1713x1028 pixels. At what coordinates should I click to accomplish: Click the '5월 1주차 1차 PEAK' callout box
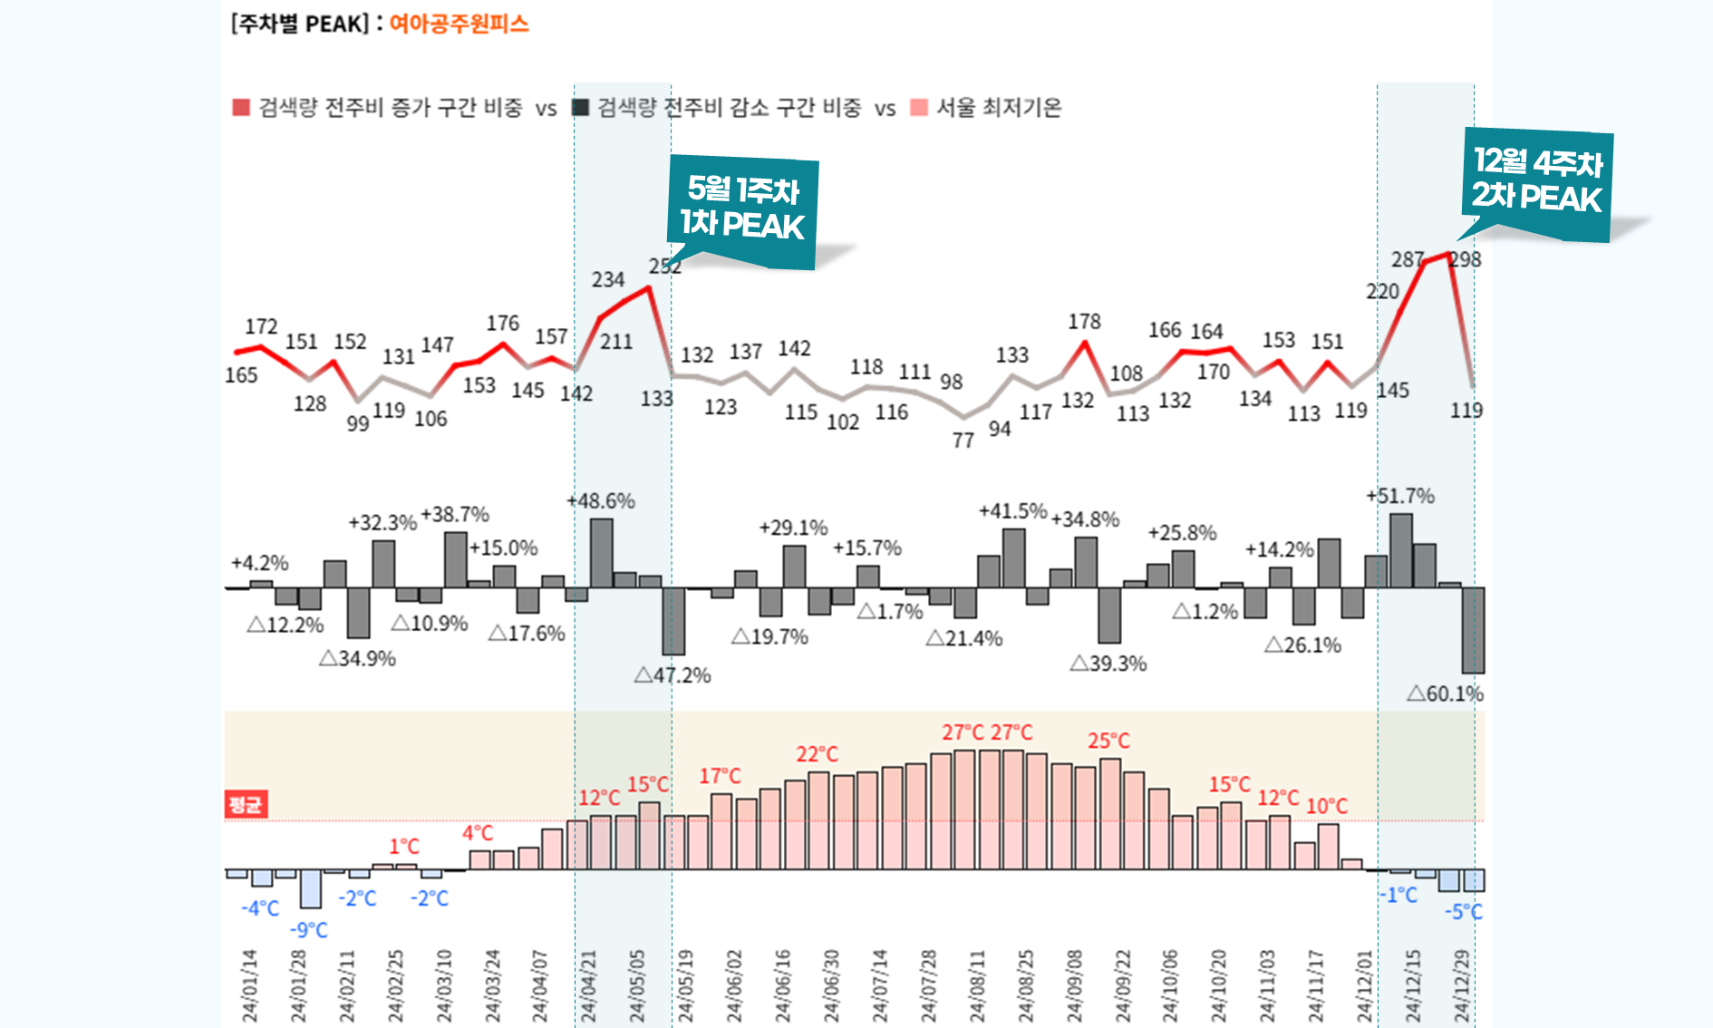(x=743, y=211)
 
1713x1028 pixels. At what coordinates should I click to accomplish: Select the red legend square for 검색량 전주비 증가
(x=241, y=108)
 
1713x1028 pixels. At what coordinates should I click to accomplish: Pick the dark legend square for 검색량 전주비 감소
(x=580, y=108)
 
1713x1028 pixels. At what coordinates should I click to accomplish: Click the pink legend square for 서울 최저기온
(x=919, y=108)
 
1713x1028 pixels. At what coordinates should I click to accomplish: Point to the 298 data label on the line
(x=1465, y=260)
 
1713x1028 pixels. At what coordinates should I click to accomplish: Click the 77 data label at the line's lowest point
(x=963, y=441)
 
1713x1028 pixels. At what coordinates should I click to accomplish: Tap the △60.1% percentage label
(x=1445, y=694)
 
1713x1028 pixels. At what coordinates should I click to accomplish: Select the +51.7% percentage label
(x=1400, y=496)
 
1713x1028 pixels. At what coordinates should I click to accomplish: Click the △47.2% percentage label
(x=672, y=675)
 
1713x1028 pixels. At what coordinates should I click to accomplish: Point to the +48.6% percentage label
(x=600, y=501)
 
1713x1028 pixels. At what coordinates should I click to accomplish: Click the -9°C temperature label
(x=308, y=930)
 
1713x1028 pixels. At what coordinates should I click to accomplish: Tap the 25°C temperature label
(x=1108, y=741)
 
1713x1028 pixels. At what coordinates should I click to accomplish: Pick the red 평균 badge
(x=246, y=804)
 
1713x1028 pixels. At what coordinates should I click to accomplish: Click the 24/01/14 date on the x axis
(x=250, y=986)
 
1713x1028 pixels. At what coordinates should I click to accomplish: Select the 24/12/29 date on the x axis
(x=1462, y=986)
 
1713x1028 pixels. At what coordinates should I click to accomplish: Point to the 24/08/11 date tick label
(x=977, y=986)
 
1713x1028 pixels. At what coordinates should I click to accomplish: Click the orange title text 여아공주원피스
(x=459, y=24)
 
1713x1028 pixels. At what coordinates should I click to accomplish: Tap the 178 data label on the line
(x=1084, y=322)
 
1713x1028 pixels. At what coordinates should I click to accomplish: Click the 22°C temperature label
(x=817, y=754)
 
